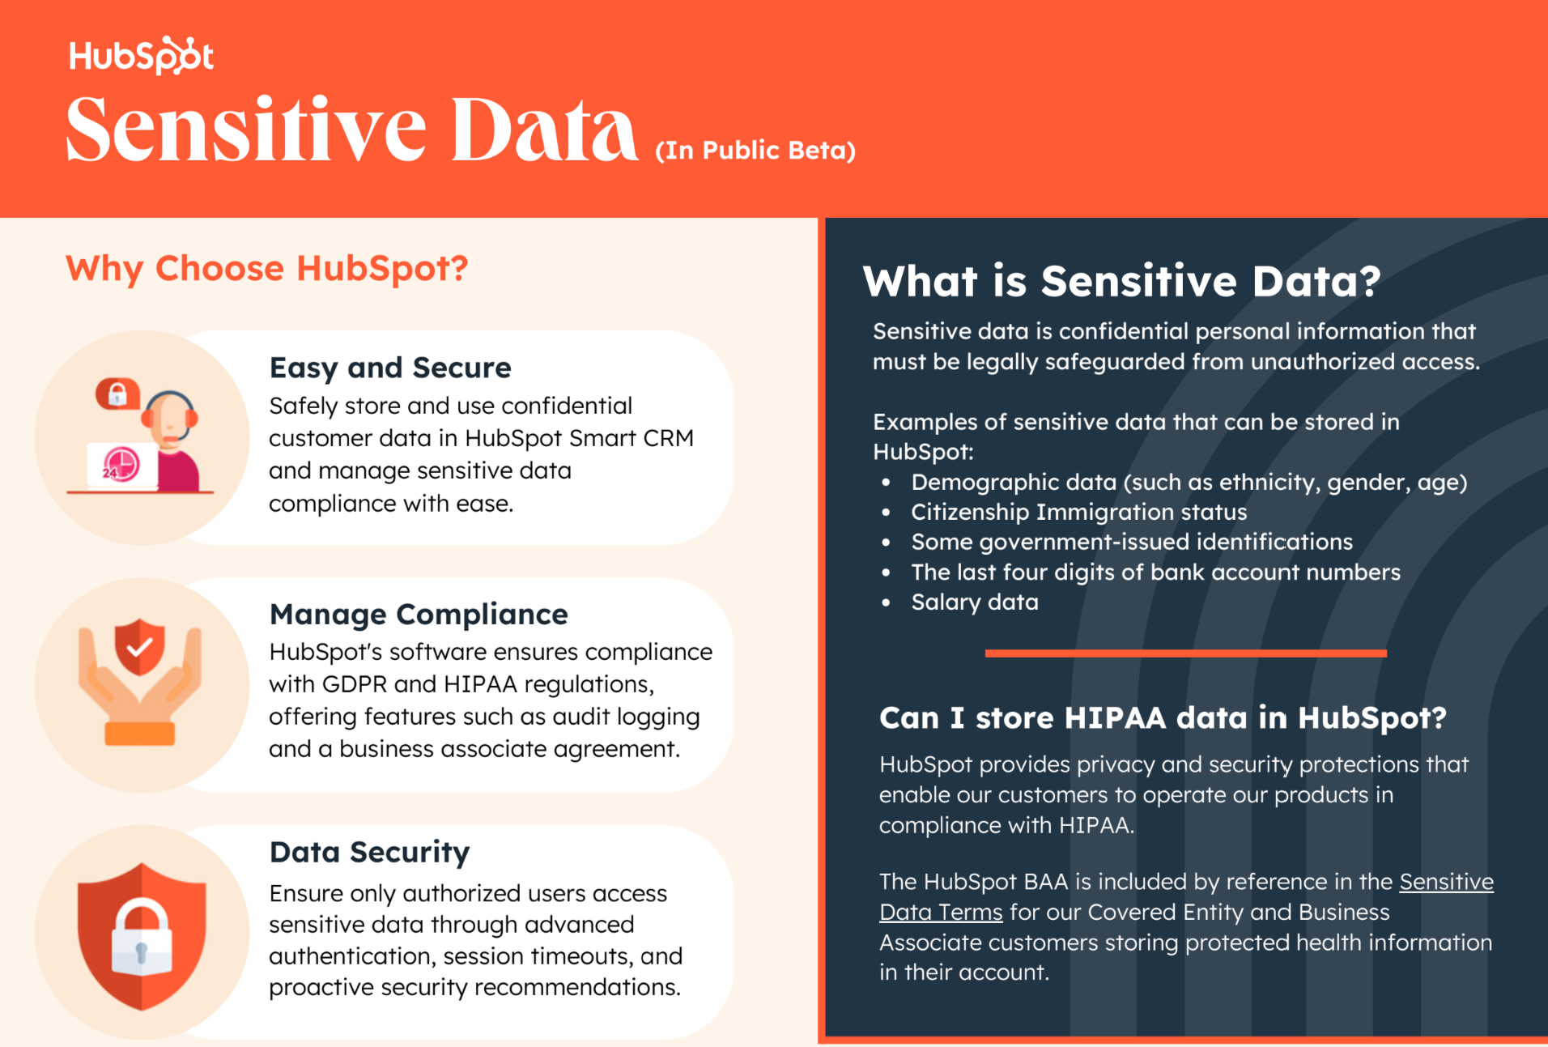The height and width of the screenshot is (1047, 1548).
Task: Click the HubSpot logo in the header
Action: (142, 56)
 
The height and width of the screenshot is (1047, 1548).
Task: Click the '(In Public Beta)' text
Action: (755, 151)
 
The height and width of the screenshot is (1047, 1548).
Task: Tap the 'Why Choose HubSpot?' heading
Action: (266, 268)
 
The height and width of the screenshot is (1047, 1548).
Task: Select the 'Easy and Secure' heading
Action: (390, 368)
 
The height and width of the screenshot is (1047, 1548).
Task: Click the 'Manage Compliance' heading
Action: (419, 615)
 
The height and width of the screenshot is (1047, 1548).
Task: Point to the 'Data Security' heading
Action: (369, 852)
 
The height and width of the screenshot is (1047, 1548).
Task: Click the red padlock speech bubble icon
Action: (117, 394)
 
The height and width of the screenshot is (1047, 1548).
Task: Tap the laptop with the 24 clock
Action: (121, 465)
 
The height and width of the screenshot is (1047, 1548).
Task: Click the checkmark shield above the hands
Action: (139, 646)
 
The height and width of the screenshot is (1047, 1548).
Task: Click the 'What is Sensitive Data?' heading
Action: (1121, 281)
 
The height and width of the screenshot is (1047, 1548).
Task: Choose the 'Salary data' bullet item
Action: (974, 602)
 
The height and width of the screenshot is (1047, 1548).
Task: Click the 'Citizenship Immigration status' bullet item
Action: (1078, 513)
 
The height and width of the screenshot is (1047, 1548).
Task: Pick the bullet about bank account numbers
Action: (1155, 572)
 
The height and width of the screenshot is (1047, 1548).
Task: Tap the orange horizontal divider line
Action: (1185, 653)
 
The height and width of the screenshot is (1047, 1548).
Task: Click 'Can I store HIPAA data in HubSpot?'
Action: (1163, 718)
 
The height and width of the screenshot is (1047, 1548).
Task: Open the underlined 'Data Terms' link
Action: (941, 913)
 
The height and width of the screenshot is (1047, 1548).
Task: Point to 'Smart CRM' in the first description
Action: (632, 438)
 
